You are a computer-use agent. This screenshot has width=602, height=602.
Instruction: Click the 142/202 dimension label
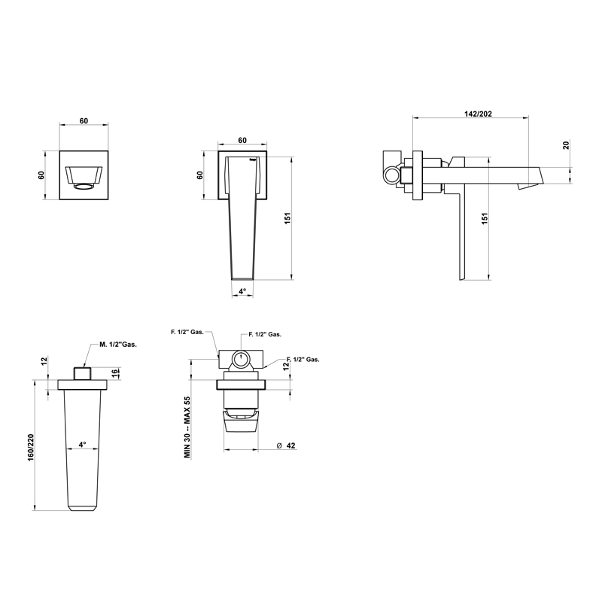[478, 114]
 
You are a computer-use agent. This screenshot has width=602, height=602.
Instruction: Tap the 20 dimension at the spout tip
[566, 145]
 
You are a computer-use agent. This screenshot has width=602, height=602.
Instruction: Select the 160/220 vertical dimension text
[31, 448]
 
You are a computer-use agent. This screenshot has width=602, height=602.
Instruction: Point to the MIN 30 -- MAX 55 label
[187, 427]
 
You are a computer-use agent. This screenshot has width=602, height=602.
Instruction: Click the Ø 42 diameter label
[286, 445]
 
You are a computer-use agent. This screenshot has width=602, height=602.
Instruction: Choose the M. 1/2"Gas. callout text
[118, 345]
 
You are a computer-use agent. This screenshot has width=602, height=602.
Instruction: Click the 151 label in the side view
[485, 218]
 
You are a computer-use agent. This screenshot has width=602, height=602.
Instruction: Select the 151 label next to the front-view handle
[287, 218]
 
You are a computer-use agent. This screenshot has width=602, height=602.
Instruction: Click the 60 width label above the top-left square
[84, 121]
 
